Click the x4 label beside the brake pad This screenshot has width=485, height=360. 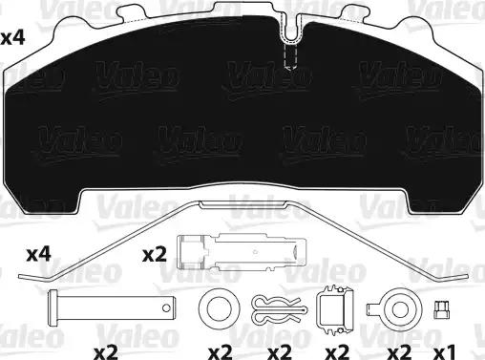[x=12, y=39]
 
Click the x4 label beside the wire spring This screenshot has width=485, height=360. [x=38, y=255]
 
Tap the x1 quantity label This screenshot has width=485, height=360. [x=445, y=352]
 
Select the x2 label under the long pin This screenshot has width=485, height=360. [x=106, y=352]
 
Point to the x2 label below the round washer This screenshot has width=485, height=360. [x=221, y=352]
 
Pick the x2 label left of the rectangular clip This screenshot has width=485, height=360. [x=155, y=255]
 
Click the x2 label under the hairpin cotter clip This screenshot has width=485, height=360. [x=280, y=352]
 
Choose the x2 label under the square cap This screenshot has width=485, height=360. [x=337, y=352]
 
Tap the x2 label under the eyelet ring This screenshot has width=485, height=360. [x=400, y=352]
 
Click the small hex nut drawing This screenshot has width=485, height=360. [x=442, y=310]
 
